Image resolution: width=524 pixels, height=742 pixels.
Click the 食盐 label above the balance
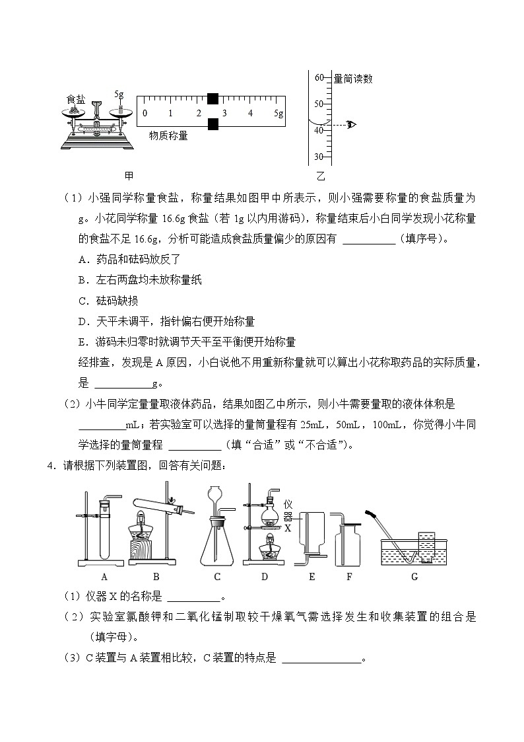75,99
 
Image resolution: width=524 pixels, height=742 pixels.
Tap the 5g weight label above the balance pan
119,94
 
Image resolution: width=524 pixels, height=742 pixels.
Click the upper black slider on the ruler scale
213,99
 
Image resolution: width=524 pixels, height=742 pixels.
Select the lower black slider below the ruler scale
213,124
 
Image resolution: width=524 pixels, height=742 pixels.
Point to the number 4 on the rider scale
250,114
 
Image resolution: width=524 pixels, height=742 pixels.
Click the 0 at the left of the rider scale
145,114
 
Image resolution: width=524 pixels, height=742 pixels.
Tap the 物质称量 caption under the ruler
168,136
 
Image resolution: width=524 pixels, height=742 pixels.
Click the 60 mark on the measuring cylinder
319,78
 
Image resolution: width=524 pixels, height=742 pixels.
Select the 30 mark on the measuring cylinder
319,157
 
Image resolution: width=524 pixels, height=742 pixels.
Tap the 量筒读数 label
353,79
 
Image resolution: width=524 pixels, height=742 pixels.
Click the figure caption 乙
321,176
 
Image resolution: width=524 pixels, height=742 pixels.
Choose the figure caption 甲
129,176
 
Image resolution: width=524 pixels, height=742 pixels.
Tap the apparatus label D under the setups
265,577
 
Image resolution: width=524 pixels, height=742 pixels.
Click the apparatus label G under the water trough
414,577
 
